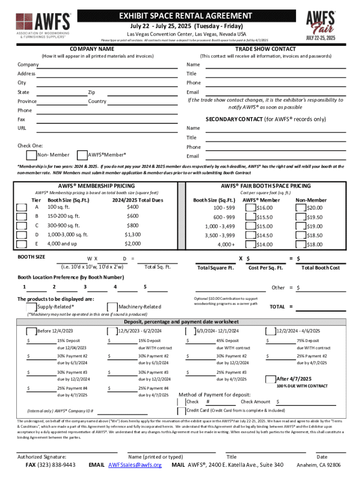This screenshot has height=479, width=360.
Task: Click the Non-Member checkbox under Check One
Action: click(31, 155)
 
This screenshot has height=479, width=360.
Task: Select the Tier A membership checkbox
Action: click(22, 207)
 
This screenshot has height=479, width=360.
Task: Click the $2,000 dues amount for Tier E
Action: click(132, 244)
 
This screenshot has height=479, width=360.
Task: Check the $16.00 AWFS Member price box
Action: click(250, 207)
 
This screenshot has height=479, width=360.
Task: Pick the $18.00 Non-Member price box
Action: click(300, 244)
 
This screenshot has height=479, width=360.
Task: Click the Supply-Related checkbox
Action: click(31, 307)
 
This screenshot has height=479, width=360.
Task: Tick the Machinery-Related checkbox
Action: click(112, 307)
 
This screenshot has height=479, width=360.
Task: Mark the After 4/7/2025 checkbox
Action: click(270, 379)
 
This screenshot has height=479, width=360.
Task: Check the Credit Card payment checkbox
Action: click(181, 411)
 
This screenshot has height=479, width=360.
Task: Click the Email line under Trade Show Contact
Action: click(276, 92)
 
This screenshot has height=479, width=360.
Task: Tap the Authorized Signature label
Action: click(42, 457)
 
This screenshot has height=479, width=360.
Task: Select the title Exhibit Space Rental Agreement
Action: click(185, 16)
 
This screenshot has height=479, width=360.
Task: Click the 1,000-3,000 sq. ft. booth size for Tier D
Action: click(68, 235)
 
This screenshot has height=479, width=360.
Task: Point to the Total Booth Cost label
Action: click(320, 268)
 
